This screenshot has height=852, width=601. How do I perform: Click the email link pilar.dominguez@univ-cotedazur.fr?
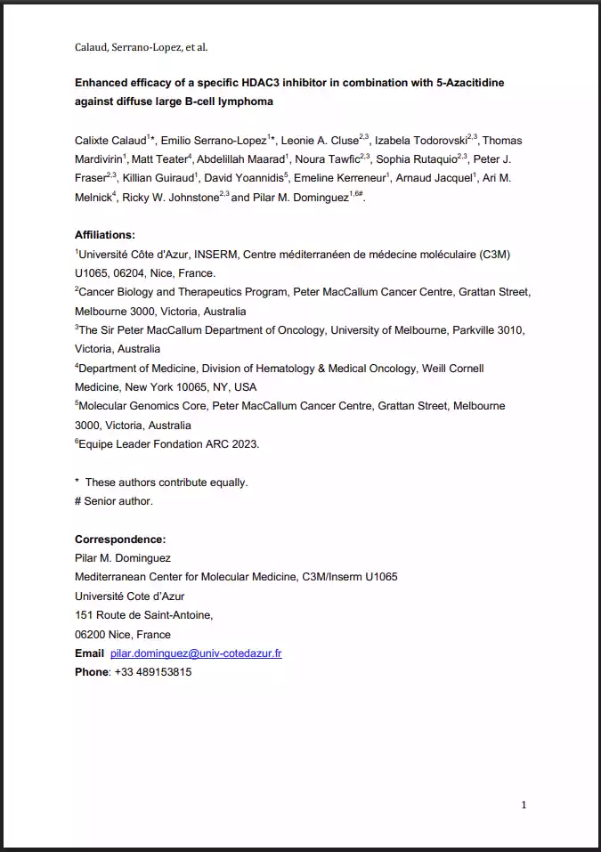(196, 653)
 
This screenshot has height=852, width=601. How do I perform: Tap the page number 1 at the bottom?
(524, 805)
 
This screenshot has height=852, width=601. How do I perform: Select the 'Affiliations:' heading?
(105, 235)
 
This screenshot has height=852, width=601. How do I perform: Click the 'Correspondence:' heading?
(120, 540)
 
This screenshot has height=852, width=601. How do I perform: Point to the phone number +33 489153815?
(153, 672)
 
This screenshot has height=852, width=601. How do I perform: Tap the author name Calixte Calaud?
(110, 141)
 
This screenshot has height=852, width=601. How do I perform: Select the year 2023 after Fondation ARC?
(242, 443)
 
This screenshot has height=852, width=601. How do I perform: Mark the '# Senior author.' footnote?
(114, 501)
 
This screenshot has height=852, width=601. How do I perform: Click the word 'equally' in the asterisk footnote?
(227, 483)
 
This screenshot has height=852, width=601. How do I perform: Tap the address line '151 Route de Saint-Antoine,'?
(144, 615)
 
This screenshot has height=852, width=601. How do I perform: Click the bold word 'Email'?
(90, 653)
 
